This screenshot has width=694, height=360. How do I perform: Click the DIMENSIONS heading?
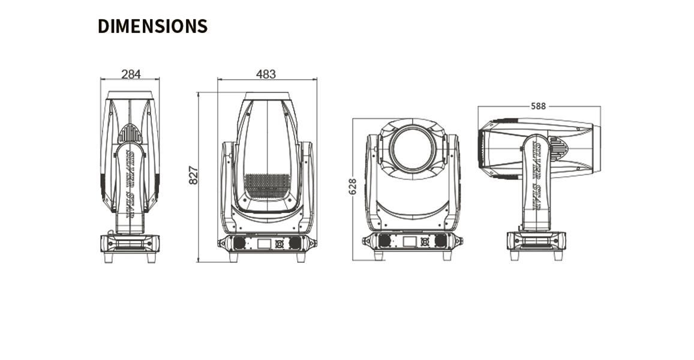152,26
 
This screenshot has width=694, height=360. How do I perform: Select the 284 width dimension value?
131,74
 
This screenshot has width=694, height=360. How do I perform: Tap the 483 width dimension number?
266,74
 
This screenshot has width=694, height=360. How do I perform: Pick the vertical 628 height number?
353,186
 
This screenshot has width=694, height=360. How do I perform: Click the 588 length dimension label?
538,106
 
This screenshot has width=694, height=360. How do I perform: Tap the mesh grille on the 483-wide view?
268,186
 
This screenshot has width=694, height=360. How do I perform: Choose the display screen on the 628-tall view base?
409,241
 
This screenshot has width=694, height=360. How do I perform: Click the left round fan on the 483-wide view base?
239,243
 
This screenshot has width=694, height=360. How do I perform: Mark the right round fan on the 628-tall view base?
441,241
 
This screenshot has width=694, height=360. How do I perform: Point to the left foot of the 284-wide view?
109,257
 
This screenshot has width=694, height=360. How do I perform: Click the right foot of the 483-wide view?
301,257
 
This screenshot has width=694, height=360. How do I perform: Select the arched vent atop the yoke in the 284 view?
130,133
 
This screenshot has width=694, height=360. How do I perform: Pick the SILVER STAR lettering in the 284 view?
130,180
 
